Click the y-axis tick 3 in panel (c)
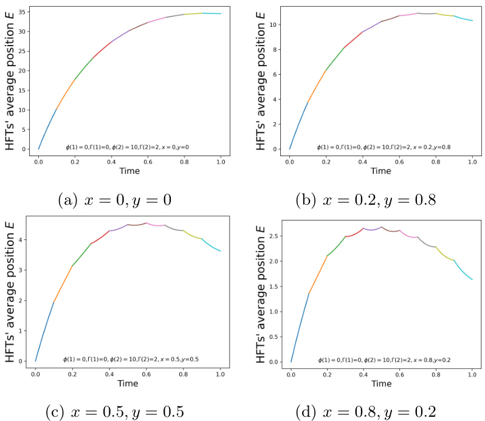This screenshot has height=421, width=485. pyautogui.click(x=22, y=270)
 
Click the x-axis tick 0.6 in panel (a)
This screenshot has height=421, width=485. pyautogui.click(x=148, y=162)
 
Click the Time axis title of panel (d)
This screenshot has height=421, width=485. pyautogui.click(x=381, y=384)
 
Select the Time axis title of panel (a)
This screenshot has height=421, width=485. pyautogui.click(x=130, y=171)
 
